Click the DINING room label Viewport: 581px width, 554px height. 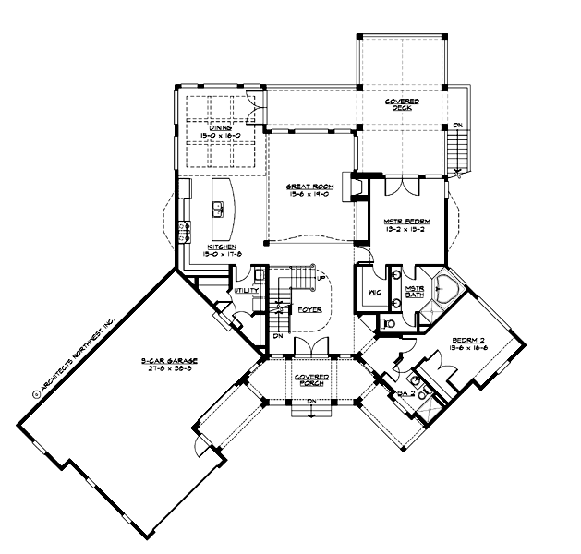click(220, 128)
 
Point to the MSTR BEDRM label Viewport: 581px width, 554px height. click(403, 221)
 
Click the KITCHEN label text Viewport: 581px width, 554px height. click(219, 248)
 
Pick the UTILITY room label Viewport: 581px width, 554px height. click(246, 290)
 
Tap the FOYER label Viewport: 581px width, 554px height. click(309, 310)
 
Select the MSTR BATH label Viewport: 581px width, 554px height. click(415, 293)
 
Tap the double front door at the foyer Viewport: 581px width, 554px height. click(306, 346)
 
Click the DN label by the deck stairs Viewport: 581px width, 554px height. click(458, 125)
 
